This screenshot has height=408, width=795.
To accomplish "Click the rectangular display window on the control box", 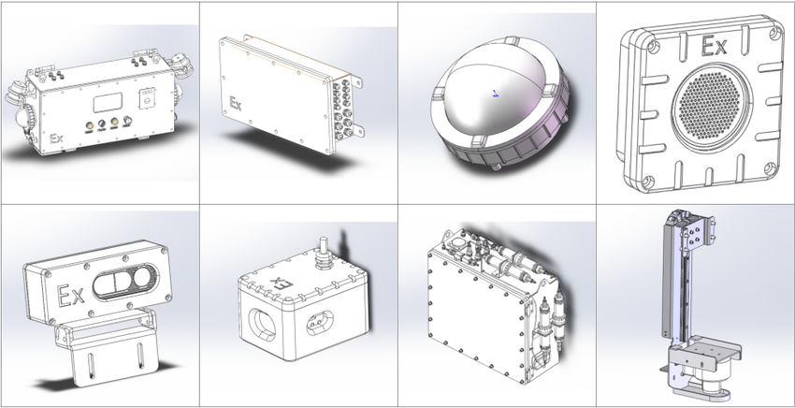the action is coord(108,103).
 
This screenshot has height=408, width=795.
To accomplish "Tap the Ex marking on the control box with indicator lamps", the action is coord(56,138).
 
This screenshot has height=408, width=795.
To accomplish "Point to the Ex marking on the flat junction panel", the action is coord(236,104).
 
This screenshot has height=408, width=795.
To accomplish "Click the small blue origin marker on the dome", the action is coord(496,93).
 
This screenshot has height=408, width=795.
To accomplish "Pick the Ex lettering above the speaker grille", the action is coord(714,47).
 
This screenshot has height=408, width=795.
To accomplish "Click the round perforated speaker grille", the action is coord(712,102).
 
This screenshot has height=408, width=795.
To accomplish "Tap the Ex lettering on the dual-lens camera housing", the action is coord(70,295).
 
